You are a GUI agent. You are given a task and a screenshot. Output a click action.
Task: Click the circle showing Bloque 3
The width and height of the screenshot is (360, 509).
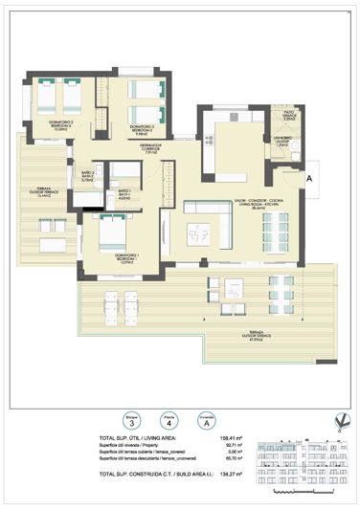tap(130, 419)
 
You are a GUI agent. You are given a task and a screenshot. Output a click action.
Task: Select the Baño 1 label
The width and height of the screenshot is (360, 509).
tap(124, 196)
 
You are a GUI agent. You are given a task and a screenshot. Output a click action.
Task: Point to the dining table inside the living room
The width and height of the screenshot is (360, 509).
tap(277, 230)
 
